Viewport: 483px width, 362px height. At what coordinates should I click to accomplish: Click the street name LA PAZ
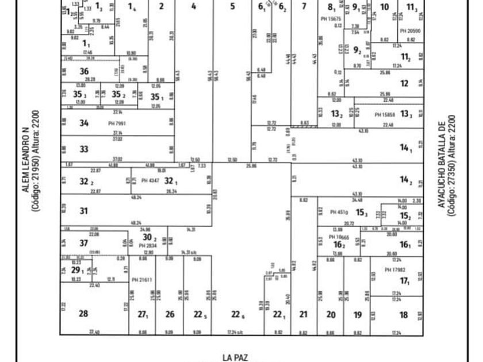tap(235, 357)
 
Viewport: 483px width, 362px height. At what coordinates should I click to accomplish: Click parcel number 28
tap(83, 313)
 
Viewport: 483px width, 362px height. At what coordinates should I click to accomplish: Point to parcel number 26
tap(170, 314)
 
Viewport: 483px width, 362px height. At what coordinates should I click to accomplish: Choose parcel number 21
tap(304, 314)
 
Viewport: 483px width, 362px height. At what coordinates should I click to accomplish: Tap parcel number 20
tap(331, 314)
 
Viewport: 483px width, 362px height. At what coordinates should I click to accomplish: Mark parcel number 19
tap(358, 314)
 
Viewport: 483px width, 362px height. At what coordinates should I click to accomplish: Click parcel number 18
tap(404, 314)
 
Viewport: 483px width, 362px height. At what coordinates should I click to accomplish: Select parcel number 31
tap(84, 211)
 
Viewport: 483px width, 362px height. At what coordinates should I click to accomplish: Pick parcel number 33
tap(84, 149)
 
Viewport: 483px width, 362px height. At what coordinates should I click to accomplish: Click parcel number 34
tap(84, 122)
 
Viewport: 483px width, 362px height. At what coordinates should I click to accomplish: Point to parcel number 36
tap(84, 71)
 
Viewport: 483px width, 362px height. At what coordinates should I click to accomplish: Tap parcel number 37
tap(84, 243)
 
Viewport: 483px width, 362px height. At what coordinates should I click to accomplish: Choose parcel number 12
tap(404, 83)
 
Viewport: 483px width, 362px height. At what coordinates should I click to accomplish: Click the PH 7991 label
tap(117, 123)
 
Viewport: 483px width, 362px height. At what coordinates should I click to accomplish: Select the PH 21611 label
tap(141, 280)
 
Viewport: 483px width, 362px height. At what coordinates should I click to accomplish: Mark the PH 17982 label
tap(395, 269)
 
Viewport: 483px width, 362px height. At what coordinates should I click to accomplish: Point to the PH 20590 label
tap(410, 30)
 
